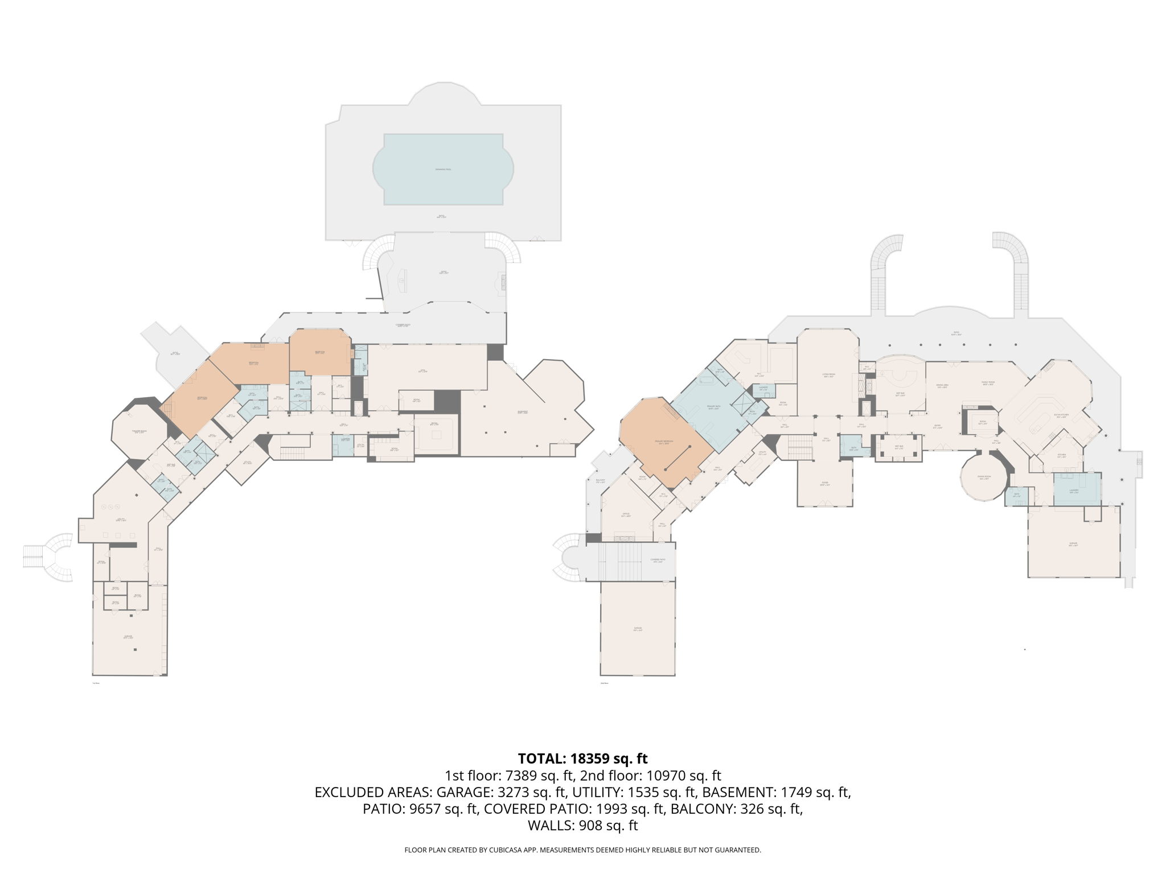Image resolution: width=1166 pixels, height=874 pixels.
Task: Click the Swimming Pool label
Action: point(443,170)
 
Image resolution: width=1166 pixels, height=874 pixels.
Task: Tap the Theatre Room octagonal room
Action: point(139,431)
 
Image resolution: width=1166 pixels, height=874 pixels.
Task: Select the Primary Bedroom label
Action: point(664,442)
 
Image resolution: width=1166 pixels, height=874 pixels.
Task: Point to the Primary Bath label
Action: point(713,407)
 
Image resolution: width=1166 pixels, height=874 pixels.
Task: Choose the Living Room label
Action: point(828,376)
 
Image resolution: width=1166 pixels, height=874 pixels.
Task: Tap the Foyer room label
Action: point(824,484)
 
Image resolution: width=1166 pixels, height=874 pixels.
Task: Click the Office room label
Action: point(626,514)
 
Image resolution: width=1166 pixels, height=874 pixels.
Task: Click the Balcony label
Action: point(600,481)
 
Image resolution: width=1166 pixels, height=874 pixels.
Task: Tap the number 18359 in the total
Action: point(589,758)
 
